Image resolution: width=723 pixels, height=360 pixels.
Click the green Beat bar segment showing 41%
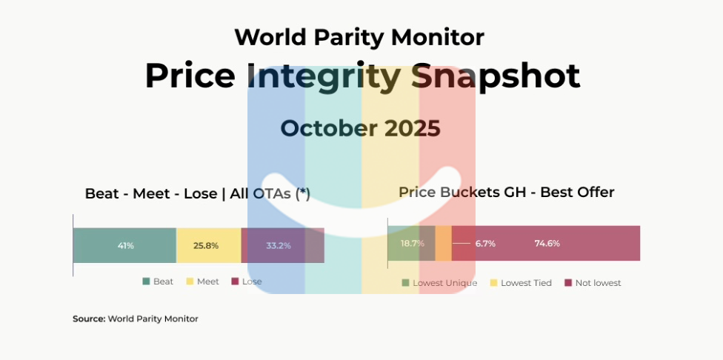point(124,245)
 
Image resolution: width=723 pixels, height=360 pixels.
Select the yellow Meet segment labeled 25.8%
point(208,245)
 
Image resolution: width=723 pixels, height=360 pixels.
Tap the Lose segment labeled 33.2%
point(282,245)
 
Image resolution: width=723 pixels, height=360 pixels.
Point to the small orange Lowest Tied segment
point(443,243)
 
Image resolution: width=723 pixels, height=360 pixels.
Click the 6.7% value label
point(485,243)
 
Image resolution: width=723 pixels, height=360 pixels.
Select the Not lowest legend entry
point(593,283)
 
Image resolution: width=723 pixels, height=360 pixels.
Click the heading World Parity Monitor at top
point(359,36)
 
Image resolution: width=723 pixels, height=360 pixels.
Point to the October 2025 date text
point(360,128)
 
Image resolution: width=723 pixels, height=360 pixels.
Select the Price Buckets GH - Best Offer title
point(506,193)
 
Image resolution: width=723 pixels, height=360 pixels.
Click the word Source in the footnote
point(89,319)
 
